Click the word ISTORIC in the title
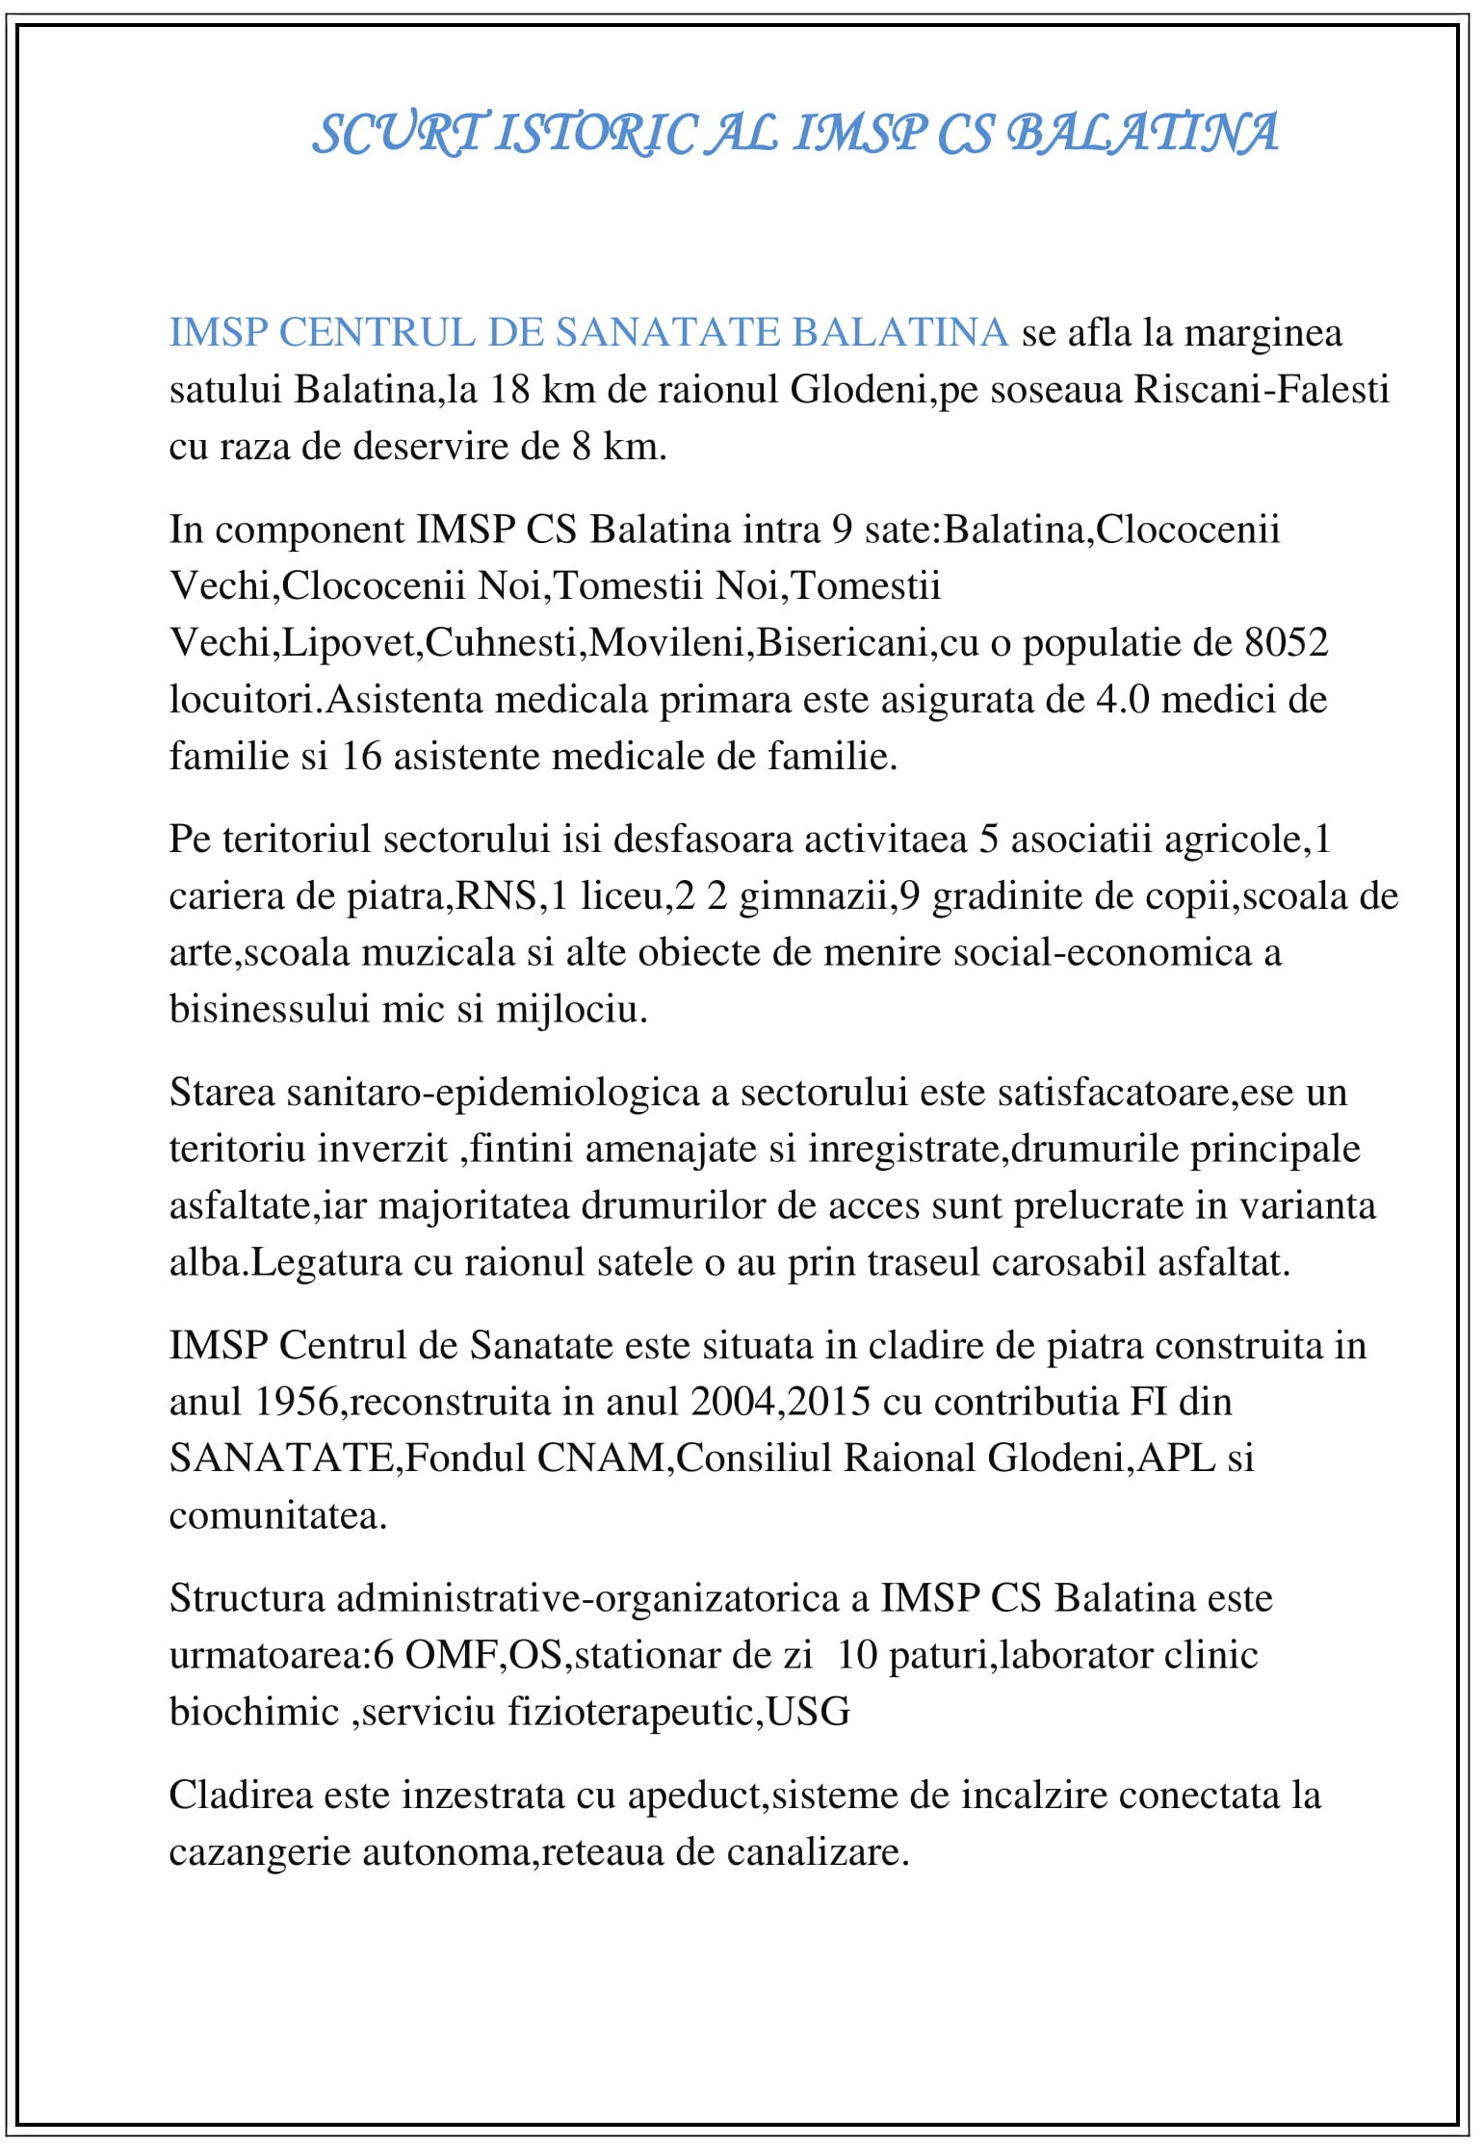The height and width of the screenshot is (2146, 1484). [597, 134]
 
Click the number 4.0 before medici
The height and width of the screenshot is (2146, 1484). [1122, 700]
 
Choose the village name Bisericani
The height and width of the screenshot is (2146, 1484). [842, 642]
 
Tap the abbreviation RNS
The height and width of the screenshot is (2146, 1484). [495, 896]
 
